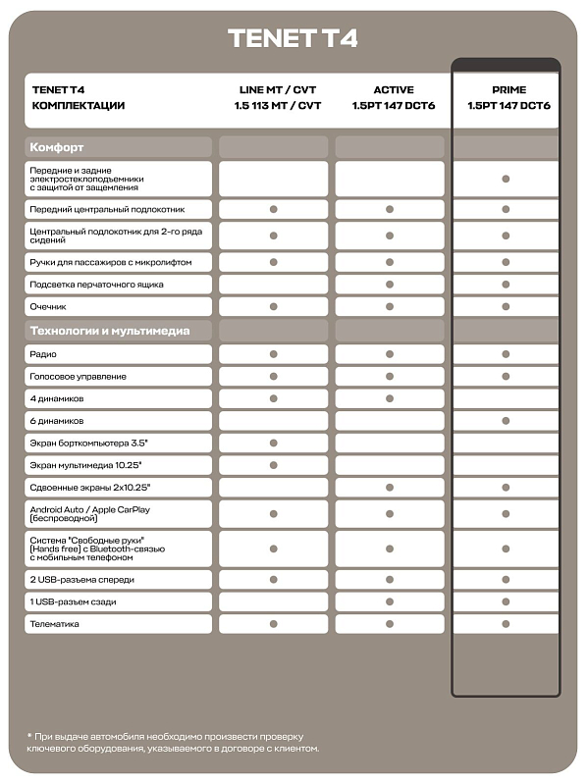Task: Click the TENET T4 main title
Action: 293,38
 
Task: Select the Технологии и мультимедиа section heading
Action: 110,330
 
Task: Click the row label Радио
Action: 43,353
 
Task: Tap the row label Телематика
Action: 55,623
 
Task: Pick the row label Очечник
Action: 48,306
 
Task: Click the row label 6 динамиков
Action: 57,420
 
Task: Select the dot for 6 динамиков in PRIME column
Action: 506,420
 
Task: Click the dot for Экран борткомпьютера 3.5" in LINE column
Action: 274,443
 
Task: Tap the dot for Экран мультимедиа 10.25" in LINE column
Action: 274,465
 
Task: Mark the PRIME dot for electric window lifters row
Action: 506,179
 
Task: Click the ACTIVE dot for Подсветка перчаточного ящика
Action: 390,285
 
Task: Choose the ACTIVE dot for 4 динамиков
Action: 390,398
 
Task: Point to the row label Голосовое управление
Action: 79,376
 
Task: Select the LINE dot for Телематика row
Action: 274,623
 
